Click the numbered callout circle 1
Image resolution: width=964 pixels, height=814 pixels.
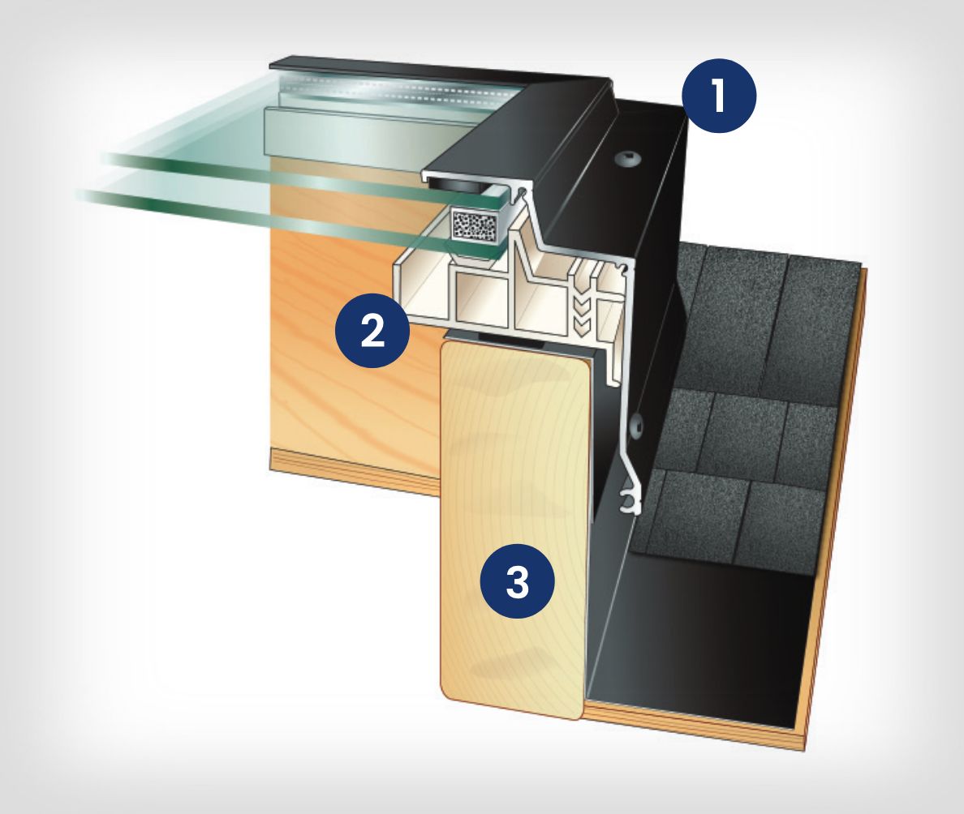point(719,96)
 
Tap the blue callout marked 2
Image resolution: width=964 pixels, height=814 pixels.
point(372,331)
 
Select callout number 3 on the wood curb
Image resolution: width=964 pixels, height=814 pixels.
point(517,581)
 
